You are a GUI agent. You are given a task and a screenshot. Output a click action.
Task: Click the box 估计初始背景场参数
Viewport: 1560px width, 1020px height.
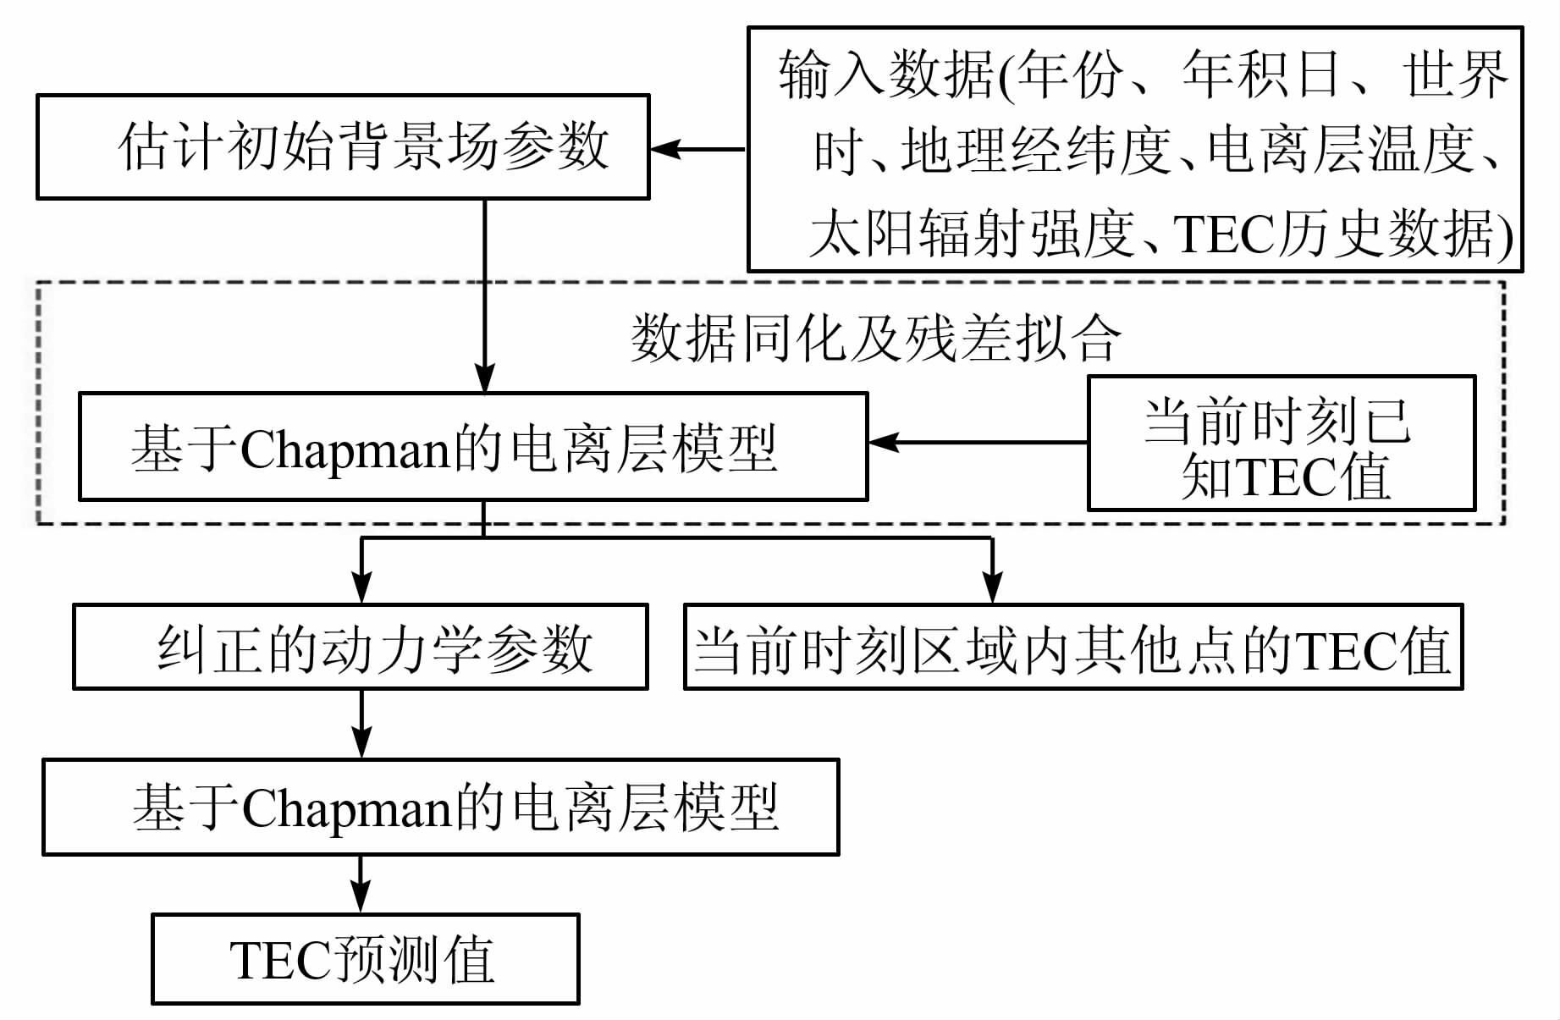click(343, 146)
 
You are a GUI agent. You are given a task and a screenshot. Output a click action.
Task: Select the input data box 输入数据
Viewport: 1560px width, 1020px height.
click(1134, 149)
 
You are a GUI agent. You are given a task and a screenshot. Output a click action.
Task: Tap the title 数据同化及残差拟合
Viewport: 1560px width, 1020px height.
click(876, 339)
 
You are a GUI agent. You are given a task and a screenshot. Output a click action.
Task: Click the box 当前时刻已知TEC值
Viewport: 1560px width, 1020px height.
click(1281, 444)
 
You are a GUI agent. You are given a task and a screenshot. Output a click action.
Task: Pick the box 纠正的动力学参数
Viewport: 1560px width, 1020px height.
click(361, 647)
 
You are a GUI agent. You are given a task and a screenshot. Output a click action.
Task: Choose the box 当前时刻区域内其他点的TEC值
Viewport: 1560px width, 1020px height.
click(1072, 647)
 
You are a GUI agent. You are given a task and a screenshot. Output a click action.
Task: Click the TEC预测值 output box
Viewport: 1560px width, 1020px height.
click(365, 959)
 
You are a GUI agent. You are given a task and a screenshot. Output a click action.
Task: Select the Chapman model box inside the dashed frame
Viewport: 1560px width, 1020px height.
click(472, 447)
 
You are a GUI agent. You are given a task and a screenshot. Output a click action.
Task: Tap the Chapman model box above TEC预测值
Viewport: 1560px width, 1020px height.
click(440, 807)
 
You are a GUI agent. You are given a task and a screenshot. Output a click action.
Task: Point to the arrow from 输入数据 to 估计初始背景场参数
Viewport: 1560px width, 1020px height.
click(698, 149)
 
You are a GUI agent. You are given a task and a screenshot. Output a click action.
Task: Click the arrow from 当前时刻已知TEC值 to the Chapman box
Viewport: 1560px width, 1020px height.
click(978, 442)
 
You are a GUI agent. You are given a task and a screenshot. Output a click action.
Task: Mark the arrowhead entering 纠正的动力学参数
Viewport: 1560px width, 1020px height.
click(361, 587)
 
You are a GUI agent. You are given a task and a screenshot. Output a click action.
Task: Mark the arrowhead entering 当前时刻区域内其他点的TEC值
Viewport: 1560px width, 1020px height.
click(992, 587)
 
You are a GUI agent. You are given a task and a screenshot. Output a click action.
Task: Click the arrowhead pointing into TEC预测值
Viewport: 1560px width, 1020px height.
click(361, 896)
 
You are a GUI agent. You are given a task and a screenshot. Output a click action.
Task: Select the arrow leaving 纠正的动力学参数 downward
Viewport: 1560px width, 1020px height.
click(361, 724)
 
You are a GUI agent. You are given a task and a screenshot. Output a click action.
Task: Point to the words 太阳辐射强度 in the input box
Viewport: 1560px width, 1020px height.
click(972, 233)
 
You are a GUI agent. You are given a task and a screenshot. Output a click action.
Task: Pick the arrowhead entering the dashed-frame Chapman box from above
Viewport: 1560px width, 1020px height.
click(484, 378)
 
